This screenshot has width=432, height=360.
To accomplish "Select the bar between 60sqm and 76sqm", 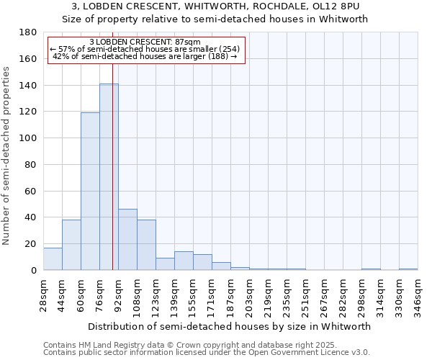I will click(x=90, y=192).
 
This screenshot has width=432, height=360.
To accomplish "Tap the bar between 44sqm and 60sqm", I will click(x=71, y=245).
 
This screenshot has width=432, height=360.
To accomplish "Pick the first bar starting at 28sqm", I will click(x=53, y=259).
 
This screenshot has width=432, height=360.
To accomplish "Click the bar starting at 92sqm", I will click(x=127, y=240).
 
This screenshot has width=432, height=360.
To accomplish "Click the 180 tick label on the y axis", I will click(x=28, y=32).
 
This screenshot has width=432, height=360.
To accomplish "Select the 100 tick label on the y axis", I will click(x=28, y=138).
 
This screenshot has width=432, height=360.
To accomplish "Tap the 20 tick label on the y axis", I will click(x=31, y=244).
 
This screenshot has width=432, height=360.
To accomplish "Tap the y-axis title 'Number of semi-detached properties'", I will click(x=7, y=156).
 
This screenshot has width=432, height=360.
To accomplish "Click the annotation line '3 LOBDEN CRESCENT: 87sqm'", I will click(x=145, y=42).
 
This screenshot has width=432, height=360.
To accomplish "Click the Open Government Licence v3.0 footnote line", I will click(x=207, y=352).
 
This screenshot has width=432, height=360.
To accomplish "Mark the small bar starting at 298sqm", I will click(x=371, y=269).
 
